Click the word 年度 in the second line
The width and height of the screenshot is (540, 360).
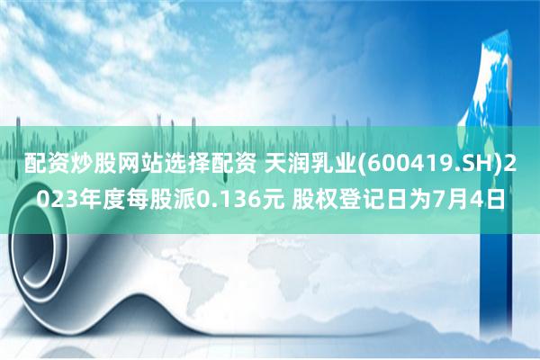[97, 196]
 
